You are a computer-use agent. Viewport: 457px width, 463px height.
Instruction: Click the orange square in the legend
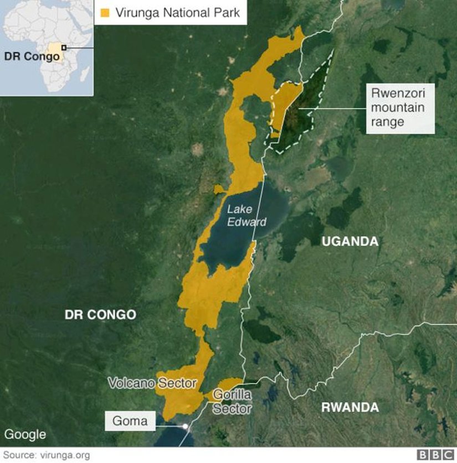(x=105, y=12)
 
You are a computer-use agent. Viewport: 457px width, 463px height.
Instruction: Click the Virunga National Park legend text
(x=177, y=12)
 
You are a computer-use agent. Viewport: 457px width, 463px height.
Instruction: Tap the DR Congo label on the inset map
(x=32, y=57)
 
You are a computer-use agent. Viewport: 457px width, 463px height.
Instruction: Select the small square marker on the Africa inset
(x=64, y=48)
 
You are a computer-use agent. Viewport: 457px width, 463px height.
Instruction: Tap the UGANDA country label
(x=350, y=241)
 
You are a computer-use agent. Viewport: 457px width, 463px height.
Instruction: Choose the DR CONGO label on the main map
(x=100, y=315)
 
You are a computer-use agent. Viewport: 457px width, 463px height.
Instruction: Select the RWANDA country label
(x=350, y=408)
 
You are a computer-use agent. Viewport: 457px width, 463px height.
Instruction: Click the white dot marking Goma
(x=185, y=426)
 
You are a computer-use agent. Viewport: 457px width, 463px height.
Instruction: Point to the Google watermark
(x=25, y=435)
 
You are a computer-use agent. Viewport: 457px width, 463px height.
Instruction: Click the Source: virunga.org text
(x=47, y=455)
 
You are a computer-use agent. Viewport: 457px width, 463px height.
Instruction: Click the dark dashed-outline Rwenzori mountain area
(x=302, y=111)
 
